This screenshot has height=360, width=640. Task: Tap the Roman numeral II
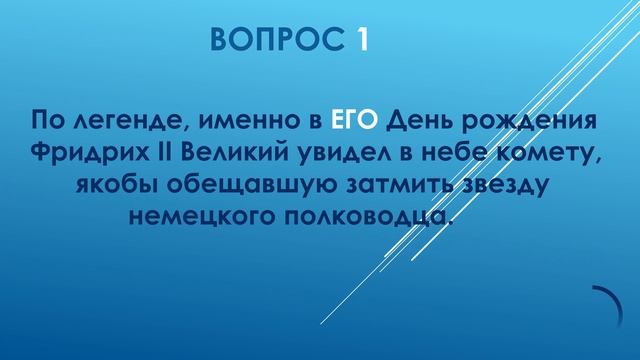point(186,155)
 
